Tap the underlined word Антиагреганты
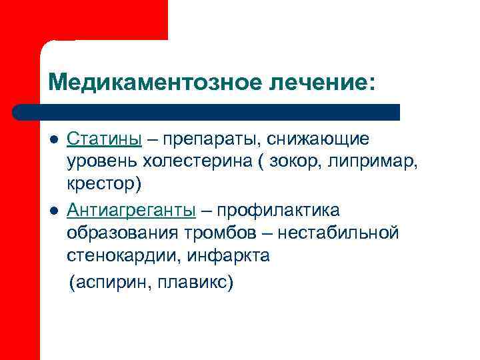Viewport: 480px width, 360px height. point(131,211)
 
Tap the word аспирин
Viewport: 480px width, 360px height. point(108,283)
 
